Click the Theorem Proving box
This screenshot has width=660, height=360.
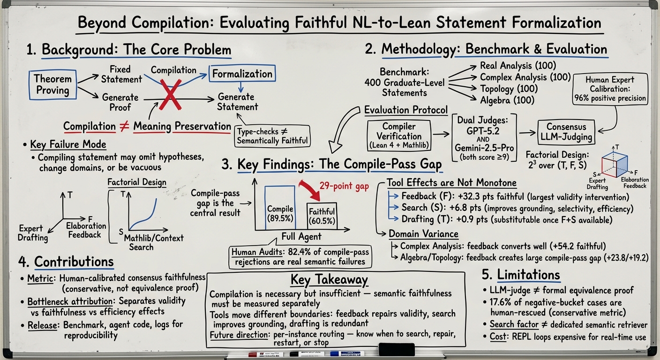[x=53, y=84]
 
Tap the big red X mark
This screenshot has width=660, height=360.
[x=170, y=95]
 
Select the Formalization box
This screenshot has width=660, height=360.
[x=242, y=73]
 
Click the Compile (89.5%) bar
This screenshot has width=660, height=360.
[x=280, y=208]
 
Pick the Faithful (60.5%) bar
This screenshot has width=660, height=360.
[x=322, y=216]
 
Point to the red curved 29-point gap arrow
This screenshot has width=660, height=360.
[x=310, y=190]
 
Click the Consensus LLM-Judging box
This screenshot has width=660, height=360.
[x=566, y=132]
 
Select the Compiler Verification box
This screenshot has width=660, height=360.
[x=399, y=135]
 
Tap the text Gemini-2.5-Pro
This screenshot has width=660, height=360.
[x=484, y=148]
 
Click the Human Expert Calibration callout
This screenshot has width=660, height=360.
[x=610, y=89]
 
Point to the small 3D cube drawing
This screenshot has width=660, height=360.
[x=615, y=164]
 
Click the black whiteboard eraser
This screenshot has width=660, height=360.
[x=397, y=349]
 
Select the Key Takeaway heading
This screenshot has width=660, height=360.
[x=329, y=279]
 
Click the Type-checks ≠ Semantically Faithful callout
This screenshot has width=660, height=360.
[x=272, y=136]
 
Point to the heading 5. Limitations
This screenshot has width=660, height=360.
[x=521, y=275]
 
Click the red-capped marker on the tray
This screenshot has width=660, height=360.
[x=265, y=354]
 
